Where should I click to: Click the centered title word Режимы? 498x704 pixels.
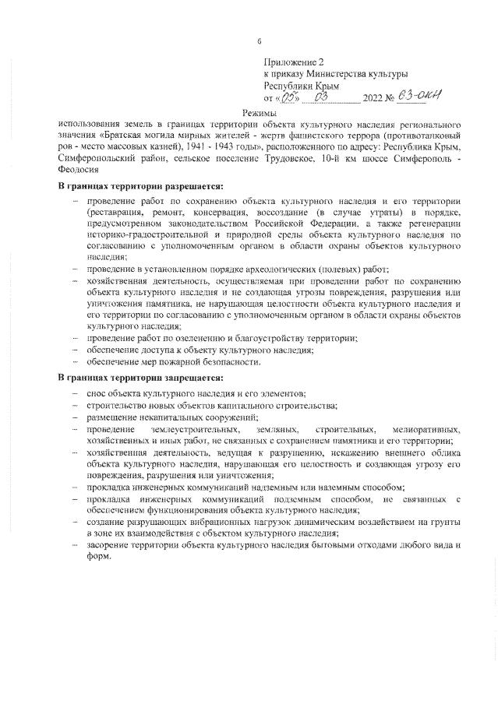(x=259, y=113)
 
